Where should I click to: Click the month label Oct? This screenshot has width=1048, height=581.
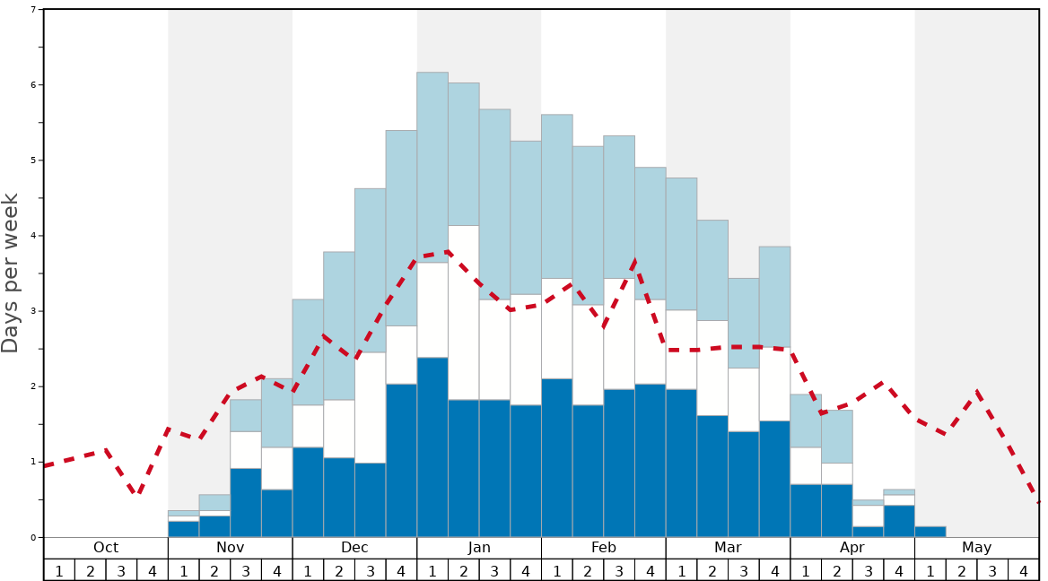coord(106,548)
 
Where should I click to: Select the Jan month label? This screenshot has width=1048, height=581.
coord(479,548)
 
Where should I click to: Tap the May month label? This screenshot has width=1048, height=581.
coord(976,548)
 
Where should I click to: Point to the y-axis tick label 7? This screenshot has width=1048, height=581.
coord(33,10)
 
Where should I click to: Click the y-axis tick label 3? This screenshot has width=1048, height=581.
coord(33,311)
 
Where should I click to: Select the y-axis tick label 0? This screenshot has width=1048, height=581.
coord(33,538)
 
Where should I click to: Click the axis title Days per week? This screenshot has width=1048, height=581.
coord(11,273)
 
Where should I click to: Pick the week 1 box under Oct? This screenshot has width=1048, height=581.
coord(59,570)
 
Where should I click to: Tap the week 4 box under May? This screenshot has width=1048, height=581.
coord(1023,570)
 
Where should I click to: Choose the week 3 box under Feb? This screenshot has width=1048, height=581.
coord(619,570)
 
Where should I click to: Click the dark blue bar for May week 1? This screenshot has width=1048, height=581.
coord(930,532)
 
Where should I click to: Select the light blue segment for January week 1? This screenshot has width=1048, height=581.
coord(432,167)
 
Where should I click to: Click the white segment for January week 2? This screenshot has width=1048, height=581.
coord(463,312)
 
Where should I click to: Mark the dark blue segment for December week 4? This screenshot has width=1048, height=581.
coord(401,461)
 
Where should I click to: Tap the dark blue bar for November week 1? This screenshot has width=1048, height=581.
coord(183,529)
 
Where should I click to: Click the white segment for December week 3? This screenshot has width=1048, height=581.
coord(370,407)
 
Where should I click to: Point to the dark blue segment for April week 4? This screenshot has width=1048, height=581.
coord(899,521)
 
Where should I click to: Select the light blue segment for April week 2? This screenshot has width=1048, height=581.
coord(836,436)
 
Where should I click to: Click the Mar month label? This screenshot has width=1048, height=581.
coord(728,548)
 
